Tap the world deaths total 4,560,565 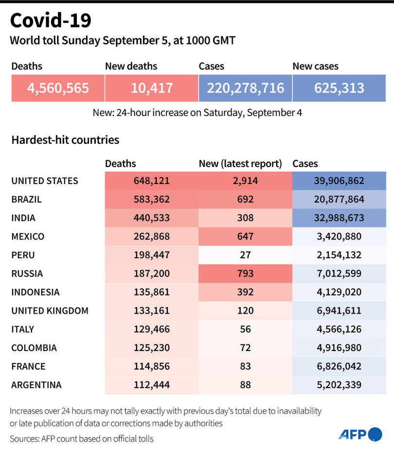coord(58,88)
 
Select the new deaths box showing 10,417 coord(152,88)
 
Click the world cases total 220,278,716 coord(246,88)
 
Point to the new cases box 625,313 coord(340,88)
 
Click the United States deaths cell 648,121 coord(152,181)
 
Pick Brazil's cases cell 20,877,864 coord(340,199)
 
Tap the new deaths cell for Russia coord(246,274)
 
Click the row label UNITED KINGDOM coord(50,311)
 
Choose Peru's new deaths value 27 coord(246,255)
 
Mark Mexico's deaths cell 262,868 coord(152,237)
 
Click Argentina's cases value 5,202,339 coord(340,385)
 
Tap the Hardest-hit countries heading coord(65,140)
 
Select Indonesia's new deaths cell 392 coord(246,292)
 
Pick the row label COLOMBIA coord(34,348)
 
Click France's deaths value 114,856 coord(152,366)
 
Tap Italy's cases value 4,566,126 coord(340,329)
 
